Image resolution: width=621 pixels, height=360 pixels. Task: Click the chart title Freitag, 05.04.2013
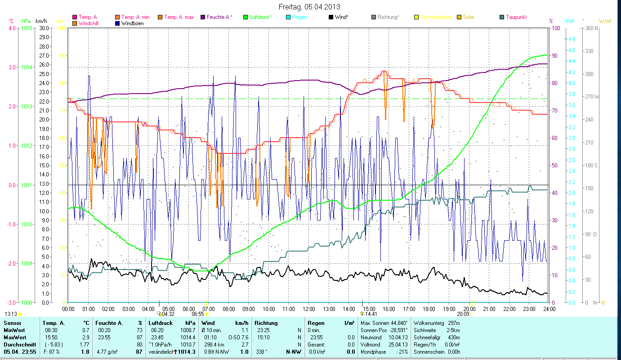pos(309,7)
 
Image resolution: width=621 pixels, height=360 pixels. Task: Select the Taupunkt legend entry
pos(516,17)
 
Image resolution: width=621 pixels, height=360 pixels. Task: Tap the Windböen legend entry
pos(132,23)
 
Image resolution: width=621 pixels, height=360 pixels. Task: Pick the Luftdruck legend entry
pos(260,17)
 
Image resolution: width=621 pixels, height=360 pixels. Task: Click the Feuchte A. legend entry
pos(219,17)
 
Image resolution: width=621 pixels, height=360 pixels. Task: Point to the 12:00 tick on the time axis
pos(308,309)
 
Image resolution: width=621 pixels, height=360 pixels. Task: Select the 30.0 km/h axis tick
pos(44,28)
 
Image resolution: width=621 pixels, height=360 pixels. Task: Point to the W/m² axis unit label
pos(605,21)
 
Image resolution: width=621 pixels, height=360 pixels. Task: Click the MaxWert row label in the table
pos(15,337)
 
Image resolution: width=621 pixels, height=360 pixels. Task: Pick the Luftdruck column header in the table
pos(159,323)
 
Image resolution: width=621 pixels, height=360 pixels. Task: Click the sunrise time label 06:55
pos(198,314)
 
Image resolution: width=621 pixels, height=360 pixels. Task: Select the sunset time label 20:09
pos(463,314)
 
